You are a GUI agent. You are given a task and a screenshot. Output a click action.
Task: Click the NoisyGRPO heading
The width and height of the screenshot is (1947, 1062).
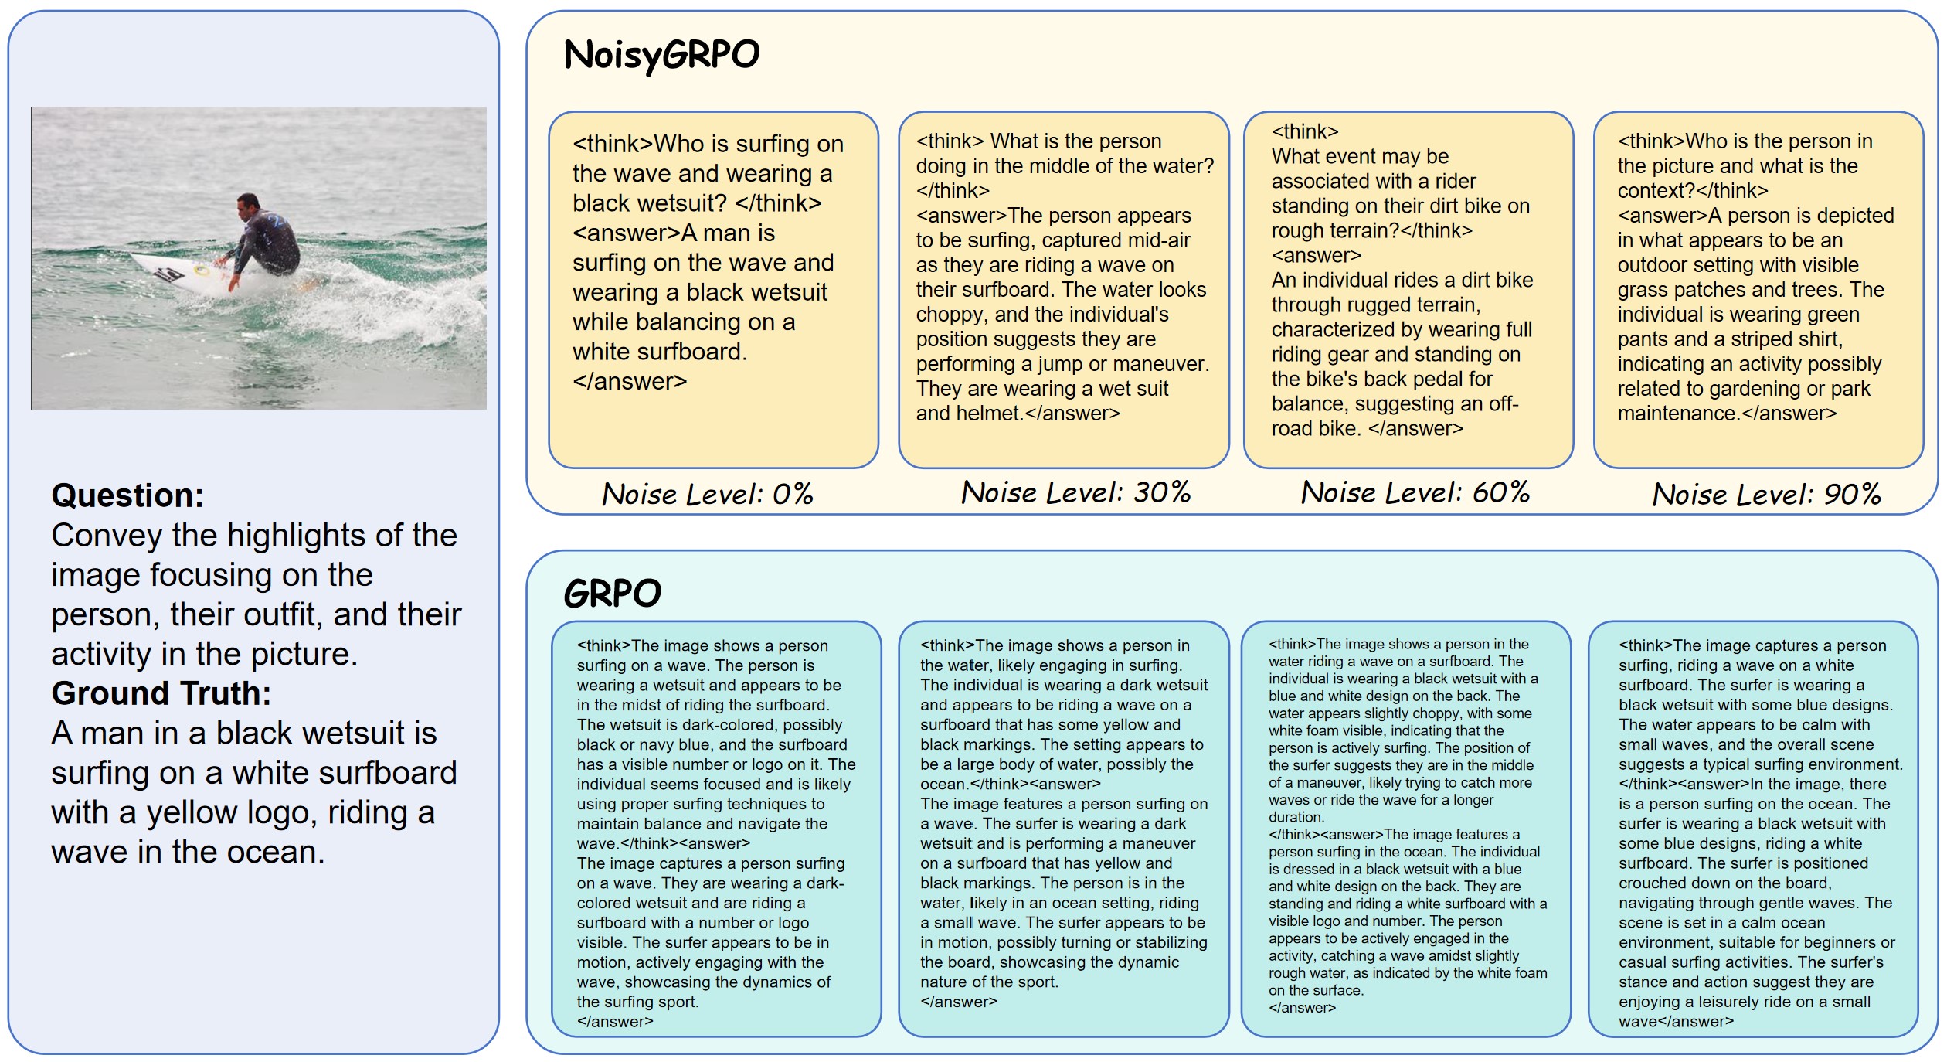pyautogui.click(x=661, y=55)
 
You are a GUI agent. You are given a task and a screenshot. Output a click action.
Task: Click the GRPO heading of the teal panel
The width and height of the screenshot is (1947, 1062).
pyautogui.click(x=612, y=594)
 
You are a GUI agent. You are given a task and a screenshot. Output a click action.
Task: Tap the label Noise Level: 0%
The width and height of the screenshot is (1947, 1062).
pyautogui.click(x=707, y=494)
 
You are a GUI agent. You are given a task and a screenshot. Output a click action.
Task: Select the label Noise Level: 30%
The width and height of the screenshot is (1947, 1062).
pyautogui.click(x=1075, y=492)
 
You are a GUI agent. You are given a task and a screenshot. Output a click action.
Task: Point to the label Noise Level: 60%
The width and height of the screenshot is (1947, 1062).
pyautogui.click(x=1415, y=492)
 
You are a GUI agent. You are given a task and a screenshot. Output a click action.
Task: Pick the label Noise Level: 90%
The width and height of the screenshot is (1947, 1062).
pyautogui.click(x=1766, y=494)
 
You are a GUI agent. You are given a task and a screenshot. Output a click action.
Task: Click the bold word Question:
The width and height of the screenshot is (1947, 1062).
pyautogui.click(x=127, y=495)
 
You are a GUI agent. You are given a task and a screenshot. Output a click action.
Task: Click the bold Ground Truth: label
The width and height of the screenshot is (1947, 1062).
pyautogui.click(x=161, y=693)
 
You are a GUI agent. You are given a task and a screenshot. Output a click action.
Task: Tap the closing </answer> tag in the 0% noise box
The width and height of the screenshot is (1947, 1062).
pyautogui.click(x=629, y=381)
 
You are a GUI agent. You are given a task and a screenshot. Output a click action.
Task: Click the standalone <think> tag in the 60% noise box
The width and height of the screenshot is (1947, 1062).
pyautogui.click(x=1305, y=131)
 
